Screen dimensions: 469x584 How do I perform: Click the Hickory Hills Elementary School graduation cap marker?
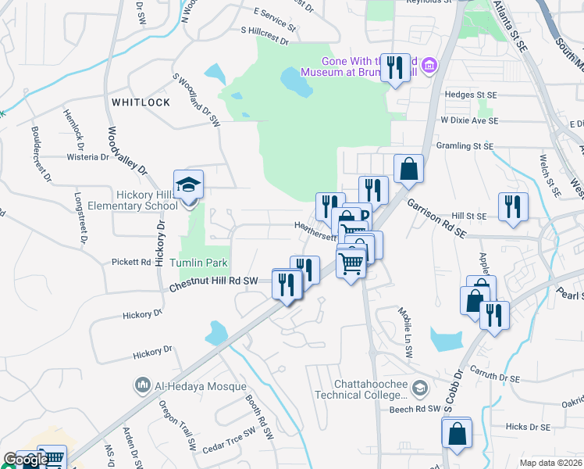(188, 185)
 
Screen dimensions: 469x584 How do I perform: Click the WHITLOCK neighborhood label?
(141, 102)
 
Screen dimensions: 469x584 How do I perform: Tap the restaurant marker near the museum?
(394, 67)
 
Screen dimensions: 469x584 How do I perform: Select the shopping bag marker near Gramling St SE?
(408, 167)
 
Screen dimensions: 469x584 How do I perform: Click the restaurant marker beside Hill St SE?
(513, 206)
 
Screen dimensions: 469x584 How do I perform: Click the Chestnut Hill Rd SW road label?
(213, 284)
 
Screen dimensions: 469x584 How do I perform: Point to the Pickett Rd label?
(130, 262)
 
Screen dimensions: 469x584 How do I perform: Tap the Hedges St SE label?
(470, 95)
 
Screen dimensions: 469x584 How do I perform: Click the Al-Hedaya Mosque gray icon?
(143, 385)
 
